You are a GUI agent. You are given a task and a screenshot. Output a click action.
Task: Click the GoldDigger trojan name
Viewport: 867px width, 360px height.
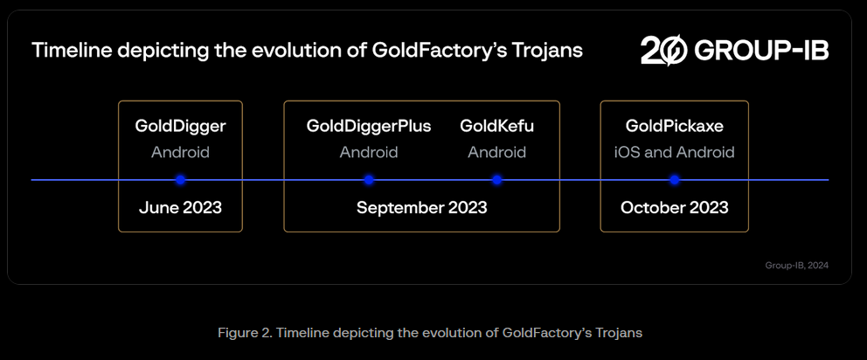click(180, 126)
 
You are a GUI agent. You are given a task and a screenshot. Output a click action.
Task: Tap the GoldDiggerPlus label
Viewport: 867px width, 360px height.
click(369, 126)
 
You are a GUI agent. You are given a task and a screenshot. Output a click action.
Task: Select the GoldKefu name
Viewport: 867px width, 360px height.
click(496, 126)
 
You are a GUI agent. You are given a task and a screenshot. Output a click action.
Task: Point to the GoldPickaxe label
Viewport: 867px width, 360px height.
click(674, 126)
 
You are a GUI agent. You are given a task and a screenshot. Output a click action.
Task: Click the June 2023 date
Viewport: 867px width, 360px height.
click(180, 208)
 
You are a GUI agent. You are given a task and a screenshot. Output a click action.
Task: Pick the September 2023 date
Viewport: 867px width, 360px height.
click(421, 208)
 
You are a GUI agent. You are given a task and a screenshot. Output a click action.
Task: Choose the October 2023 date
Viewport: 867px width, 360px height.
click(674, 208)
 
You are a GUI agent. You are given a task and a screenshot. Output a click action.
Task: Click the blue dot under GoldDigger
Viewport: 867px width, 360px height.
click(180, 180)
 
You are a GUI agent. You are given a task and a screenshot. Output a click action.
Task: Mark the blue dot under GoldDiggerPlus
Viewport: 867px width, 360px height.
click(369, 180)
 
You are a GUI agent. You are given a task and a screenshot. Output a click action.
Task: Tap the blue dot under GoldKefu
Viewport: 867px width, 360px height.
click(496, 180)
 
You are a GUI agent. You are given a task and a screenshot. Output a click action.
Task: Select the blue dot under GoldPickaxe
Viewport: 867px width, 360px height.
click(674, 180)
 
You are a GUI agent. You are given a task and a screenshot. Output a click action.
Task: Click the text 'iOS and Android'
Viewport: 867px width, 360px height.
click(674, 152)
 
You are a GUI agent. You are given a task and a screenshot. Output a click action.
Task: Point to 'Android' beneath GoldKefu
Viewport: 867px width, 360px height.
click(496, 152)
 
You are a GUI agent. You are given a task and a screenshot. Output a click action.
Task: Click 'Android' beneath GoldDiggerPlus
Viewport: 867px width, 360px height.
click(369, 152)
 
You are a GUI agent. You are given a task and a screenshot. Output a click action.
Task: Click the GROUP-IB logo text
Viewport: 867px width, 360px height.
click(760, 51)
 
